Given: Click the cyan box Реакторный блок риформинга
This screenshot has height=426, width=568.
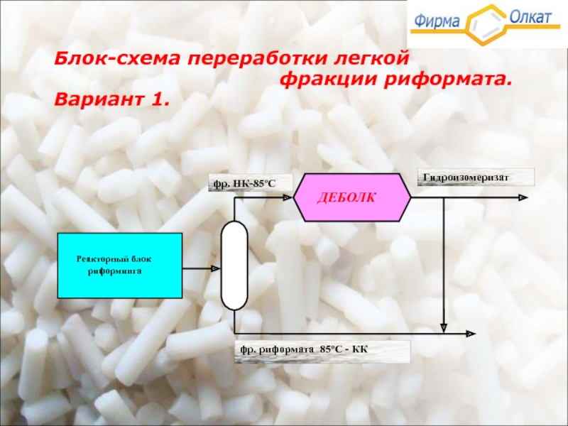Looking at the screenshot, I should point(119,265).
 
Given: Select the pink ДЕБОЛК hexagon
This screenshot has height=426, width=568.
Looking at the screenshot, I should point(352,197).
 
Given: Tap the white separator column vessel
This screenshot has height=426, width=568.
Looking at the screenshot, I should point(234,265).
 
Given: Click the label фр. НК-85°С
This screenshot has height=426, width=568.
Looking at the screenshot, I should point(241,184).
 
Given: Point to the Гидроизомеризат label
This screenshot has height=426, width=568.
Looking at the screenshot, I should point(475,177).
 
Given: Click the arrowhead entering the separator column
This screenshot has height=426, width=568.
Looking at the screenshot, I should point(214,268).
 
